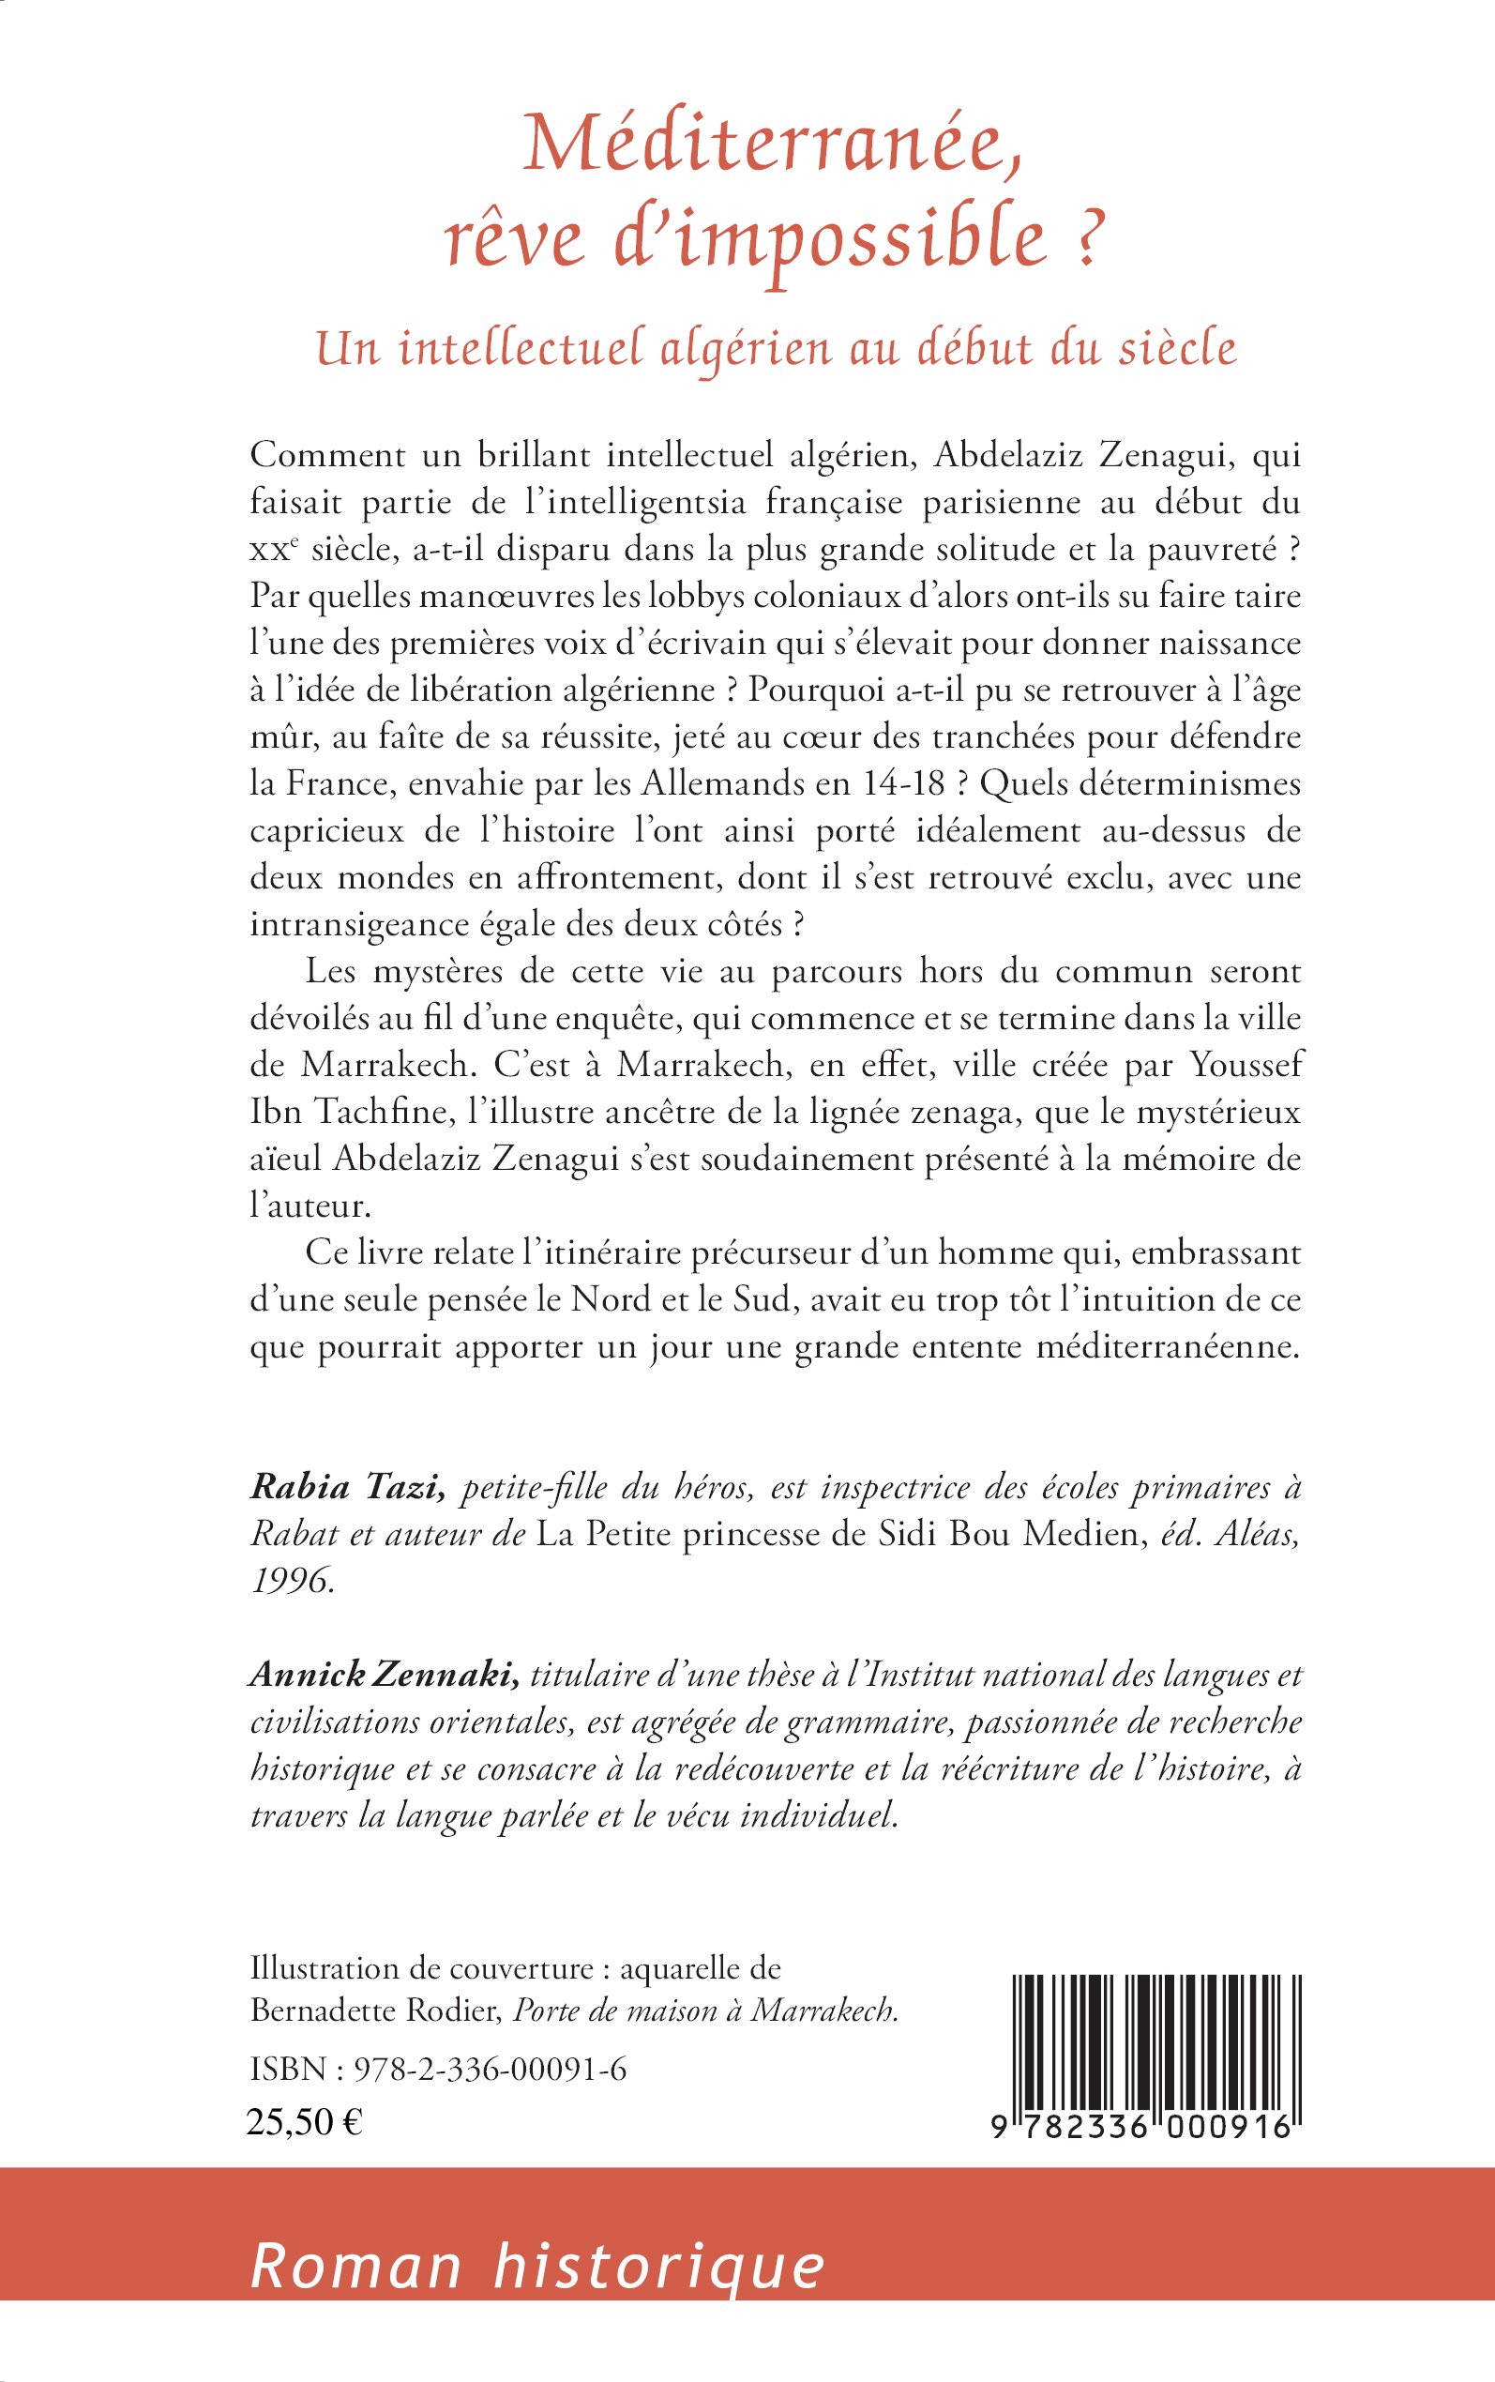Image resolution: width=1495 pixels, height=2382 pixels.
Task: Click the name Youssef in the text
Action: click(x=1245, y=1065)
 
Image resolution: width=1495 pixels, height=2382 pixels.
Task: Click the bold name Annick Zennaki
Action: click(x=385, y=1675)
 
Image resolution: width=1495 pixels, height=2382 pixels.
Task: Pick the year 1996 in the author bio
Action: click(x=291, y=1581)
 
